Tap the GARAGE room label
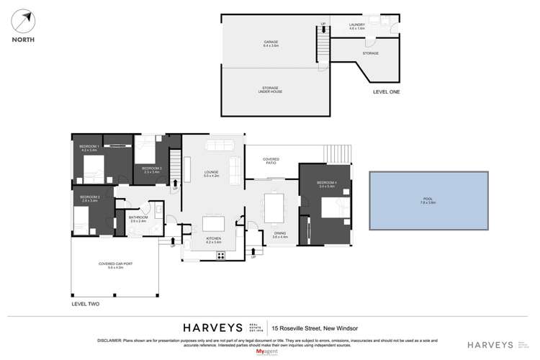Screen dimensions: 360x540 (271, 45)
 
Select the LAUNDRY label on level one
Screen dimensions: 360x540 (358, 26)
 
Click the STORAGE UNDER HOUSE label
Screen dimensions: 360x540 (271, 90)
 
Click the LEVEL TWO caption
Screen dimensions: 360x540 (85, 305)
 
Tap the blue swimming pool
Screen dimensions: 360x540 (429, 198)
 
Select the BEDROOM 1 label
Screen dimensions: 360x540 (89, 147)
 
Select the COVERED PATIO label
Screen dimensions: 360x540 (271, 161)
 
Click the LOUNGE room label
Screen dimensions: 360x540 (210, 173)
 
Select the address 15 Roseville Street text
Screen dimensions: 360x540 (312, 325)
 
